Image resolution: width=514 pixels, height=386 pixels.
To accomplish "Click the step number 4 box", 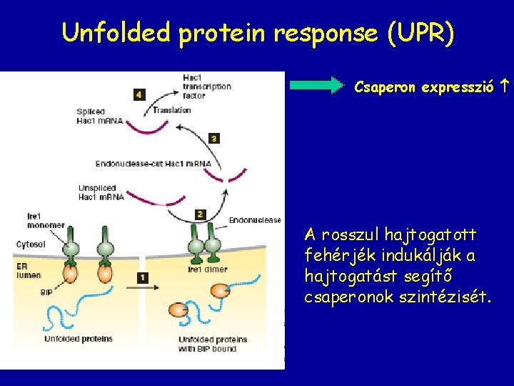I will point(138,94).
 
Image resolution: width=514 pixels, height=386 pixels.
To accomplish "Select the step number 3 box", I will point(213,138).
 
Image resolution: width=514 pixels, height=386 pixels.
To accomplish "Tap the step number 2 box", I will point(200,214).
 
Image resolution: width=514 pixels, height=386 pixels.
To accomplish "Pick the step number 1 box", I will point(143,277).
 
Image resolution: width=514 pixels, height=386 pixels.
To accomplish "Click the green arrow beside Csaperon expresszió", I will point(317,86).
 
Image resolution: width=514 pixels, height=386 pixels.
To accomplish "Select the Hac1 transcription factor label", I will point(206,86).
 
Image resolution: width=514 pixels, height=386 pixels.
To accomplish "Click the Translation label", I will point(172,110).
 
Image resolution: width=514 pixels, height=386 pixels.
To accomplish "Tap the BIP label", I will point(46,292).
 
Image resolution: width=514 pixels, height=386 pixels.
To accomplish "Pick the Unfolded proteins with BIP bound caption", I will point(212,344).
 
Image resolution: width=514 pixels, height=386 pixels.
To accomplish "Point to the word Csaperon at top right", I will point(385,87).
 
